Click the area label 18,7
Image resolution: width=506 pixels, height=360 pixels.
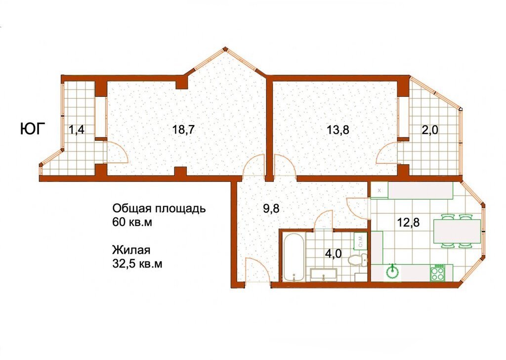coord(184,130)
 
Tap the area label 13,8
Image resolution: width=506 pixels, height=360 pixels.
coord(338,130)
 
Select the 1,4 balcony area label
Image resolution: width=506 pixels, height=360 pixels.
coord(77,130)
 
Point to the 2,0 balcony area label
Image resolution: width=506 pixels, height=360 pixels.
coord(430,130)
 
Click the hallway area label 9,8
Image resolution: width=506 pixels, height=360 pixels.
coord(271,209)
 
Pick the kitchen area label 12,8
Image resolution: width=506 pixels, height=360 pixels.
coord(408,222)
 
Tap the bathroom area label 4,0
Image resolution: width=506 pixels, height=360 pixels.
coord(333,254)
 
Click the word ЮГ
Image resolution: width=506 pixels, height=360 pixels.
coord(32,129)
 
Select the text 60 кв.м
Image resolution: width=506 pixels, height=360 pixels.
coord(132,222)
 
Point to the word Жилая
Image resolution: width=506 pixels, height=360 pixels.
coord(131,250)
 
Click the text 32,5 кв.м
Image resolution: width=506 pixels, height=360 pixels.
coord(137,264)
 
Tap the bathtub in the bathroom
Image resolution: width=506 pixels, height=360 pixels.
coord(294,257)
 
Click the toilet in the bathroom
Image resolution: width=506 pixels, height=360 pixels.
coord(358,259)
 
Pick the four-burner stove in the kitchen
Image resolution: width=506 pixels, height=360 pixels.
coord(437,272)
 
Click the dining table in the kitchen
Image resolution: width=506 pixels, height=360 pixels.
coord(457,231)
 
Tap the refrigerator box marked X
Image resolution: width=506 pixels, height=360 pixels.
coord(379,190)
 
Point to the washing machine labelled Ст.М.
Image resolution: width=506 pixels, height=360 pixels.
coord(360,241)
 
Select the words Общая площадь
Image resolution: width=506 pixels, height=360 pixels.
coord(159,209)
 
